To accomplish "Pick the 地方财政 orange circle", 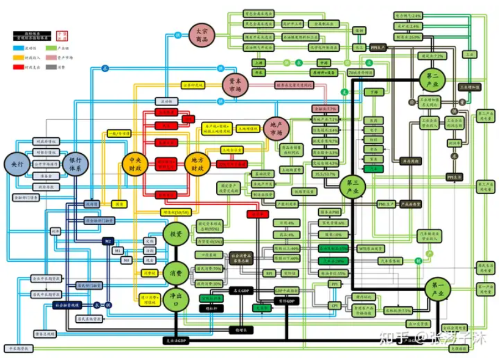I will pos(197,163).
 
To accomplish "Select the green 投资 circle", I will pos(176,234).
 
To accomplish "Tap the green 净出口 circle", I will pos(176,300).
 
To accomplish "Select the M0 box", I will pos(127,261).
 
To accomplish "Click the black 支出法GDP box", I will pos(176,340).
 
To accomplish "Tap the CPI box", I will pos(334,305).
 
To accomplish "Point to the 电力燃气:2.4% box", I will pos(408,15).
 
